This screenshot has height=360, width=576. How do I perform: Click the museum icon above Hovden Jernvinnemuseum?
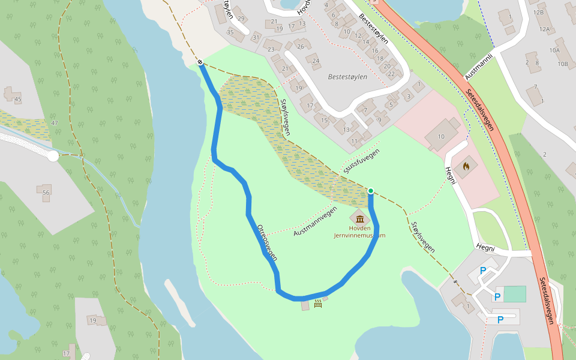(x=360, y=217)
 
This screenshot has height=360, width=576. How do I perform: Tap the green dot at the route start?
(x=371, y=191)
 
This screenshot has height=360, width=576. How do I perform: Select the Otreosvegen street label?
(x=267, y=242)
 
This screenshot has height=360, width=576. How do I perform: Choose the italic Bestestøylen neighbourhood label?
(x=347, y=77)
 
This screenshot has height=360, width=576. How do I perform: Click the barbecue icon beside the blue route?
(x=317, y=304)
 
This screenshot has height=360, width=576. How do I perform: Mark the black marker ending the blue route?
(x=200, y=62)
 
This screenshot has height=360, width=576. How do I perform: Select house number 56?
(x=46, y=192)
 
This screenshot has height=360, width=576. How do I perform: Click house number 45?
(x=17, y=99)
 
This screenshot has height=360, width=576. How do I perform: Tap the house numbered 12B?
(x=538, y=12)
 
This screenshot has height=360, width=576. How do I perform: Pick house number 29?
(x=241, y=19)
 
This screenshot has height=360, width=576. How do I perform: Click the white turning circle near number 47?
(x=53, y=156)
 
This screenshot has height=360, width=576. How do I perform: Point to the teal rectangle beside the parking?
(x=514, y=294)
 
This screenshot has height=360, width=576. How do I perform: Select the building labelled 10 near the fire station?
(x=441, y=137)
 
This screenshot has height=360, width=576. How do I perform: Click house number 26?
(x=300, y=46)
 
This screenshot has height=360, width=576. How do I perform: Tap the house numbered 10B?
(x=562, y=64)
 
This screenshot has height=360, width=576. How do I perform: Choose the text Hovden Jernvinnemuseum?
(x=360, y=232)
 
